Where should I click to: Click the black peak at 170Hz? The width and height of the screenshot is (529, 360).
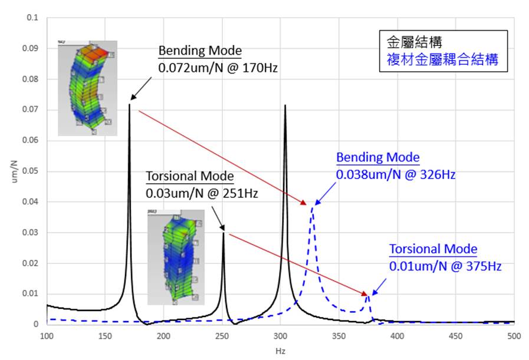[x=129, y=105]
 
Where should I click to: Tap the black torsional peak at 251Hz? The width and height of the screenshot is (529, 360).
[x=223, y=234]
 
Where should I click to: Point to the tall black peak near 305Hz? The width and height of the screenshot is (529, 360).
[x=285, y=107]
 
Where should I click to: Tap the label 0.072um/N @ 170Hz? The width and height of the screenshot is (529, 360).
[x=218, y=68]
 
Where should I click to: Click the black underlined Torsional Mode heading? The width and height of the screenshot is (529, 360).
[x=189, y=177]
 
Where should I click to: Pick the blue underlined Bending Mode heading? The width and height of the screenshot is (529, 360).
[x=377, y=158]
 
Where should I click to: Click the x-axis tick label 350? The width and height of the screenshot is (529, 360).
[x=339, y=336]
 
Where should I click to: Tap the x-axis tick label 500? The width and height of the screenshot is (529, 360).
[x=514, y=336]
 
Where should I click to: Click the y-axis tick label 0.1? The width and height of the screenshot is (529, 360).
[x=32, y=18]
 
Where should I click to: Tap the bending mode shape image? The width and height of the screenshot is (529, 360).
[x=87, y=88]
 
